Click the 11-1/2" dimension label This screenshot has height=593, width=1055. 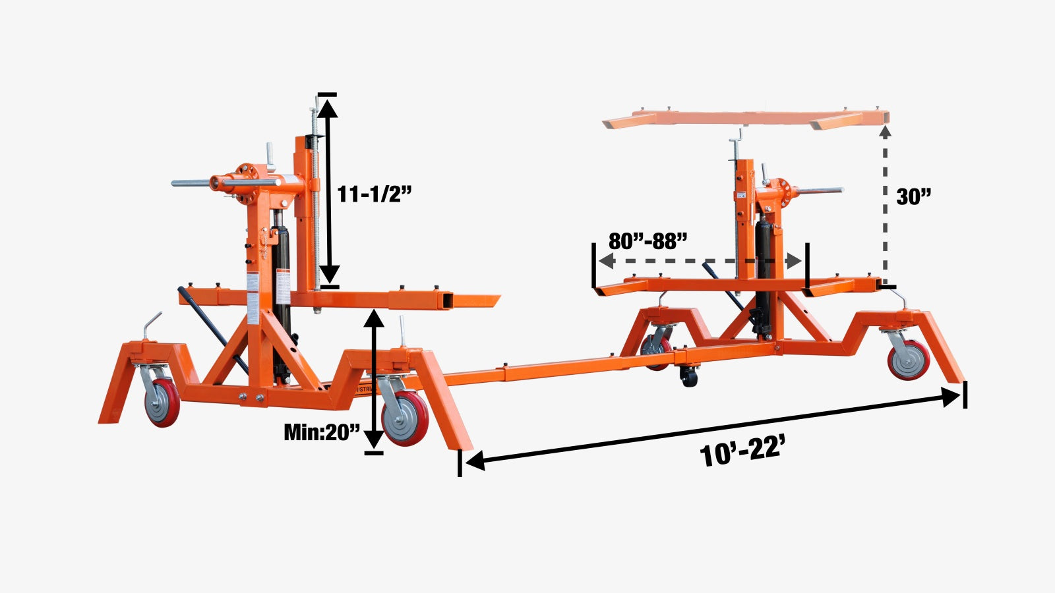[x=374, y=194]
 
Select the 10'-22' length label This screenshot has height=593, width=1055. [x=742, y=453]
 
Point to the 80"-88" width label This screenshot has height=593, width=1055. [x=648, y=241]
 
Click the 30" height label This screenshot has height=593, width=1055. [x=914, y=196]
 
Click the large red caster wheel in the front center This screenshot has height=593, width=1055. [x=404, y=418]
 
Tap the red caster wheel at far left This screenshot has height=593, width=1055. [x=162, y=402]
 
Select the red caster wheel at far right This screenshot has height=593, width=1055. [x=909, y=360]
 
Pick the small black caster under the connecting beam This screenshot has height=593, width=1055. [x=689, y=377]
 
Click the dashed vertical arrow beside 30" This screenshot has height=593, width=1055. [x=886, y=204]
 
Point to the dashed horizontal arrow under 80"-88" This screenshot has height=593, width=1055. [x=699, y=261]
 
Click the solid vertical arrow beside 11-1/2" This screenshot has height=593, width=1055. [x=328, y=191]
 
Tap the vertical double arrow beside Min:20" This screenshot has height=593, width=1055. [x=374, y=379]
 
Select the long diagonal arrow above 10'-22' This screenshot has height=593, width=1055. [x=712, y=428]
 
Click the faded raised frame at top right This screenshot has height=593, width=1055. [x=745, y=119]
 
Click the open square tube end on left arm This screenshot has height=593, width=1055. [x=448, y=301]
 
